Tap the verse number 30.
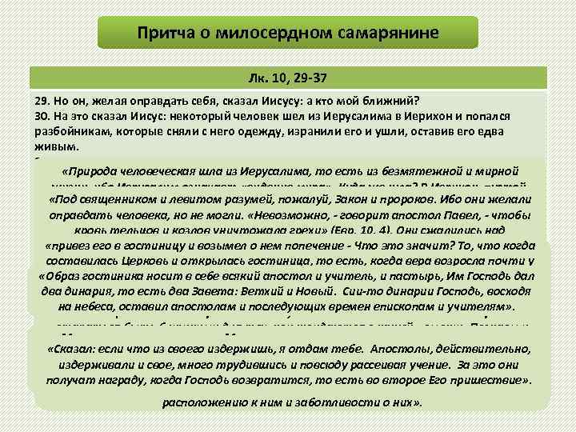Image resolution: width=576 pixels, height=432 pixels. (x=42, y=118)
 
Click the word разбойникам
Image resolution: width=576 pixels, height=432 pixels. (x=70, y=132)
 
